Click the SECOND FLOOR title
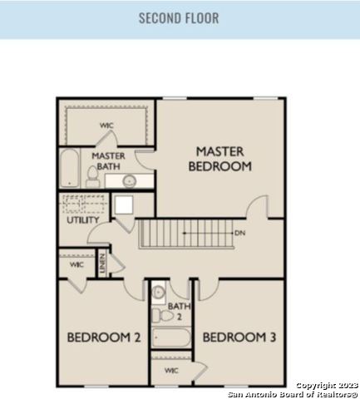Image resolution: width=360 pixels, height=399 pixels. [179, 18]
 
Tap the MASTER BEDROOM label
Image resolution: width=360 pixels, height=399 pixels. [220, 159]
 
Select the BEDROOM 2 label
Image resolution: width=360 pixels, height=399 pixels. [104, 337]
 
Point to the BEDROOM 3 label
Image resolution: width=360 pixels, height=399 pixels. [239, 337]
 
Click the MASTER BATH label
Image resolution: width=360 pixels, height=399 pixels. [108, 161]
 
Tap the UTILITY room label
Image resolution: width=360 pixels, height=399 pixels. [83, 220]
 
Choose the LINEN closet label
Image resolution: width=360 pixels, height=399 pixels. [102, 264]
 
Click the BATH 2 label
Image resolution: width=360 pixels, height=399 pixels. [179, 312]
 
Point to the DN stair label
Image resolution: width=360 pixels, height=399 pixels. [240, 233]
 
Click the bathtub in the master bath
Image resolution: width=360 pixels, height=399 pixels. [69, 168]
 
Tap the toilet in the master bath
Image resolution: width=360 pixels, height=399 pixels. [93, 177]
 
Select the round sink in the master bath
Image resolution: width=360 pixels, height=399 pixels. [130, 181]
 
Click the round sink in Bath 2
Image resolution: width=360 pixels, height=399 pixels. [158, 293]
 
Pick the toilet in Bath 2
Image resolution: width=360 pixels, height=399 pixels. [163, 316]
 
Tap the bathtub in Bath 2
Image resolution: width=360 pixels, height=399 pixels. [171, 337]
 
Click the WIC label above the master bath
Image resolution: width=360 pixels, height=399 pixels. [106, 126]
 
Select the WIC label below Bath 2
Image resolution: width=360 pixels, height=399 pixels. [171, 371]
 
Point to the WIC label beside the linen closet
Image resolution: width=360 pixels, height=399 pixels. [76, 264]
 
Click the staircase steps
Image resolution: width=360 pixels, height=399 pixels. [186, 234]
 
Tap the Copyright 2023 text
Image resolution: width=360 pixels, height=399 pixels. [328, 386]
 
